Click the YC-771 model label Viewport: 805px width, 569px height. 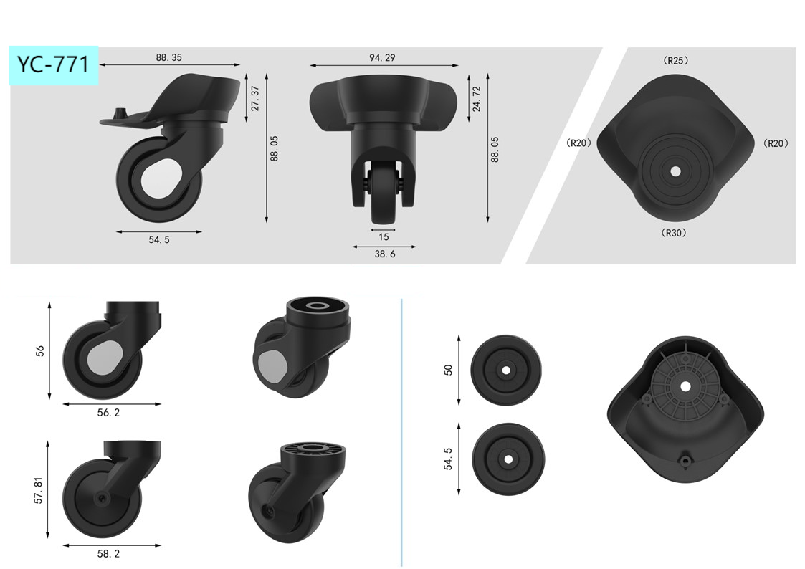point(53,64)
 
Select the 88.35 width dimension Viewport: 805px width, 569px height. point(169,57)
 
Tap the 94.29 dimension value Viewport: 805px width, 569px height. point(383,57)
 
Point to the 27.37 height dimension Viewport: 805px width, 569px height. point(255,98)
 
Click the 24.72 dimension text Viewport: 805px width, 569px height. point(477,98)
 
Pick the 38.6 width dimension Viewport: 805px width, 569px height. point(385,254)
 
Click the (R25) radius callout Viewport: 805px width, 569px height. point(676,60)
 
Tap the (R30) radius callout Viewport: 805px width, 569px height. point(674,233)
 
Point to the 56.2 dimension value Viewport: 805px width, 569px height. point(108,413)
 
